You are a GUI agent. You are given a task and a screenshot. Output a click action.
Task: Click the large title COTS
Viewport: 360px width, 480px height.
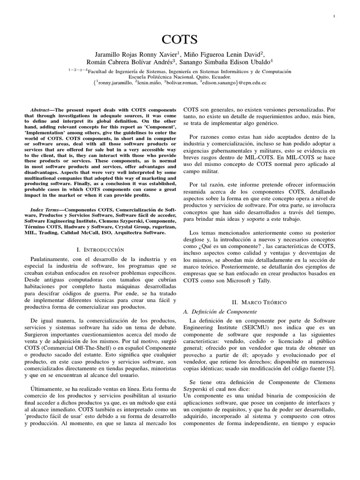point(180,39)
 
